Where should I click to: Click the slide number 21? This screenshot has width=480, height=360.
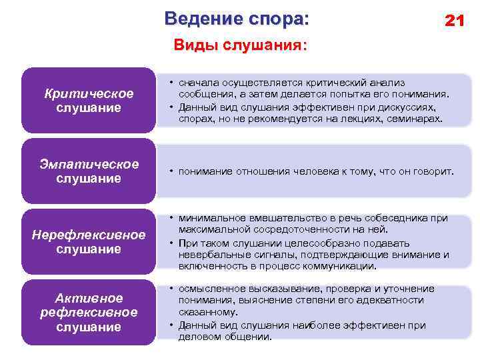click(454, 21)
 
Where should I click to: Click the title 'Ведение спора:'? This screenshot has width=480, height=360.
click(237, 18)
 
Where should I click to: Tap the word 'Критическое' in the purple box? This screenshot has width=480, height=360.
click(89, 93)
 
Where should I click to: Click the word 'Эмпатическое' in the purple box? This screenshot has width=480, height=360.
click(89, 164)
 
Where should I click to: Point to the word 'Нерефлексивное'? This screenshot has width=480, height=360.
click(89, 235)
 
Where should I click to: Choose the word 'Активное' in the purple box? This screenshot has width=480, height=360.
click(89, 297)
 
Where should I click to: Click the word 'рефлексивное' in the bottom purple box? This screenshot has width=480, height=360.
click(89, 312)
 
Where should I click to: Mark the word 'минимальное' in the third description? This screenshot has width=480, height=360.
click(207, 218)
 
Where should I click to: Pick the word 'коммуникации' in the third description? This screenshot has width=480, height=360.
click(344, 266)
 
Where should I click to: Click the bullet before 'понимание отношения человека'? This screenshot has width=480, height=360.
click(171, 172)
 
